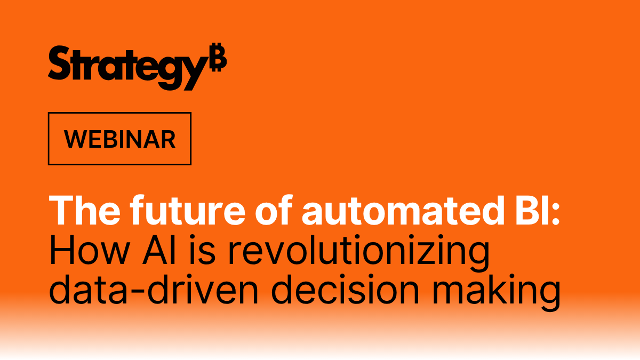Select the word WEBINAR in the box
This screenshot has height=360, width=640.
[x=119, y=139]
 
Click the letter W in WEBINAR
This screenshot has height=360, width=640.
[x=74, y=139]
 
